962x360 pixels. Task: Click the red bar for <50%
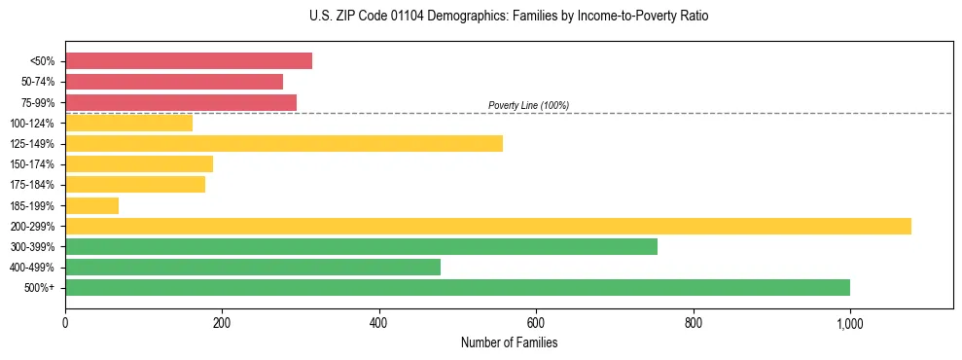pyautogui.click(x=189, y=61)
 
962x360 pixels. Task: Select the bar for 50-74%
pyautogui.click(x=174, y=82)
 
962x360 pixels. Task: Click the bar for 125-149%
pyautogui.click(x=284, y=144)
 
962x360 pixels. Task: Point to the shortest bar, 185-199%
pyautogui.click(x=92, y=205)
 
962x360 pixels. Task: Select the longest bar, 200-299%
pyautogui.click(x=488, y=226)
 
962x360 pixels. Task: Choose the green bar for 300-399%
pyautogui.click(x=361, y=246)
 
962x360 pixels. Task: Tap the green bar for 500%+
pyautogui.click(x=457, y=287)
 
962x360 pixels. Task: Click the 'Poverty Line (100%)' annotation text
pyautogui.click(x=528, y=105)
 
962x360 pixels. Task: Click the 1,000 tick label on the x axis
pyautogui.click(x=849, y=323)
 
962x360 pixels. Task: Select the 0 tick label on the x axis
pyautogui.click(x=65, y=323)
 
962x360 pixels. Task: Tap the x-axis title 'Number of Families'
pyautogui.click(x=509, y=342)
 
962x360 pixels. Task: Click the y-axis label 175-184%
pyautogui.click(x=32, y=185)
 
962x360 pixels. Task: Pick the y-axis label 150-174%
pyautogui.click(x=32, y=164)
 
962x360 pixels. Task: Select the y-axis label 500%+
pyautogui.click(x=39, y=288)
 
